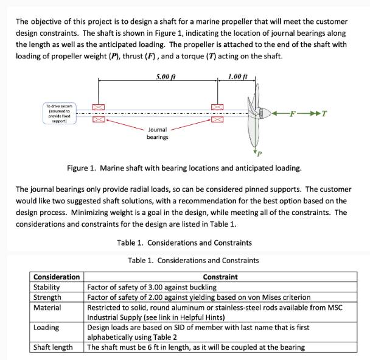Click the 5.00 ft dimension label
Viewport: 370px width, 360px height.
[165, 77]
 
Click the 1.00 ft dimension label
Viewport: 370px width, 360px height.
[237, 77]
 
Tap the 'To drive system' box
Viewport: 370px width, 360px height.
[58, 114]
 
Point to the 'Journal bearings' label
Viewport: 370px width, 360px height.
[158, 133]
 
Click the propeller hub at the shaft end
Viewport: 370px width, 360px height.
[263, 113]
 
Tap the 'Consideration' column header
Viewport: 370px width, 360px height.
[56, 277]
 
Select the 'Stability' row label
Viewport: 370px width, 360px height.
[46, 287]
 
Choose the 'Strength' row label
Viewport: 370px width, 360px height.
[47, 297]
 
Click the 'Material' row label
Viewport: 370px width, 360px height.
[47, 308]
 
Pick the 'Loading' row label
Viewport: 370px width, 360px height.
[46, 328]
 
